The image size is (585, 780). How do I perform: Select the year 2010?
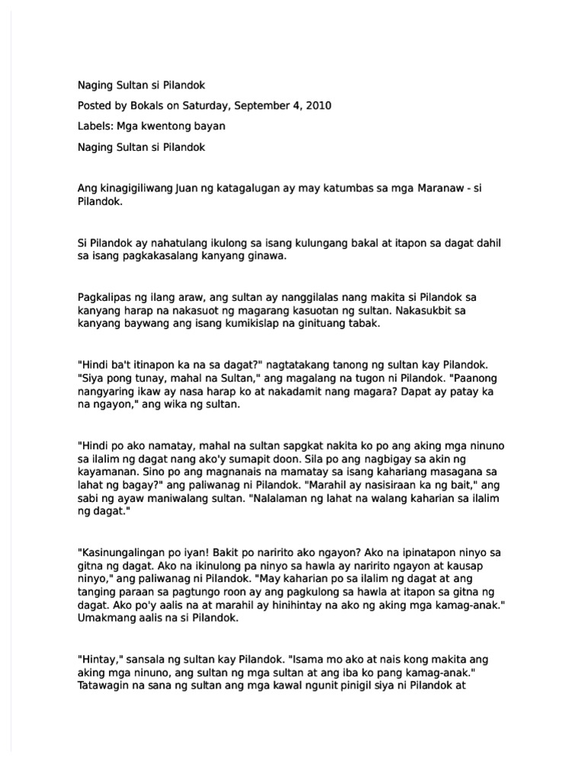point(317,105)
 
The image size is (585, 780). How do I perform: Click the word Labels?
point(94,125)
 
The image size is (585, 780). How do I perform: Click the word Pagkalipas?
point(106,296)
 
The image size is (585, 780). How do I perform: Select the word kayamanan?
point(110,474)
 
